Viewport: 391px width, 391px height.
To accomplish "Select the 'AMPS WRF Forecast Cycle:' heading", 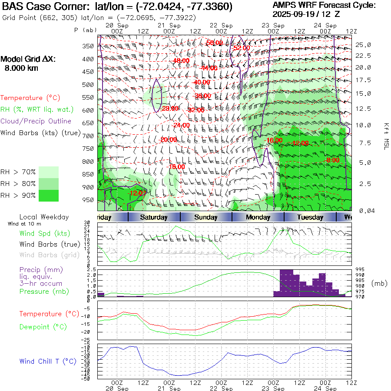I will coord(324,5).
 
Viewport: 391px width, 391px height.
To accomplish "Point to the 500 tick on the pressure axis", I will coord(89,85).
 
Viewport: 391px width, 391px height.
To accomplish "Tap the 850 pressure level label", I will coord(89,175).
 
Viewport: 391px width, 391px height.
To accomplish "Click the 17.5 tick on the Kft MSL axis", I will coord(363,80).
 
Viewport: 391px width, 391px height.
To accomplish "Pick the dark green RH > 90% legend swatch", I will coord(49,195).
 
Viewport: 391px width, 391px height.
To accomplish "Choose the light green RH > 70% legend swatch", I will coord(49,172).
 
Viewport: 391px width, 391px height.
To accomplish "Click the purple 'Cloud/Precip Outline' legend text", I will coord(36,121).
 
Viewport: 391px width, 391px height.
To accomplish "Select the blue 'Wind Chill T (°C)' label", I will coord(48,361).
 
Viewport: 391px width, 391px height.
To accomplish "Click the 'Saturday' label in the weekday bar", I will coord(154,217).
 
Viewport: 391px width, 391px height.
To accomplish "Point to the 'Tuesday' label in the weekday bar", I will coord(310,217).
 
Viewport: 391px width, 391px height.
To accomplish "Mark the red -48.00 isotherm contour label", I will coord(181,60).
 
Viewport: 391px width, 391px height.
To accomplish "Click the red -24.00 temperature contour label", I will coord(181,126).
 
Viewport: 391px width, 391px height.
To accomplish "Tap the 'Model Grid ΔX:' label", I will coord(28,60).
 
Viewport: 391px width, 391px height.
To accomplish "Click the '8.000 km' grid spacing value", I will coord(21,68).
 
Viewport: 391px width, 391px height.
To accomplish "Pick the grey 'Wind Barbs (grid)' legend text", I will coord(50,255).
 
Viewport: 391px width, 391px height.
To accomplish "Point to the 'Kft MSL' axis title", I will coord(385,136).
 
